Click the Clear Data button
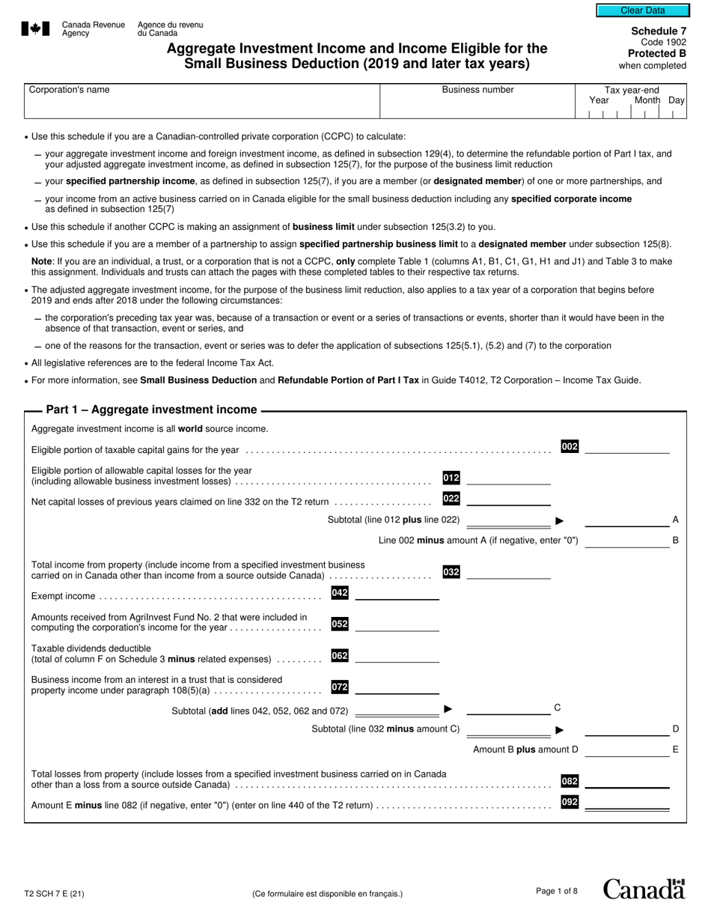point(642,10)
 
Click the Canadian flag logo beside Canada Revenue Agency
point(36,29)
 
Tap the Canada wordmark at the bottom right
point(644,889)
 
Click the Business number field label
point(477,90)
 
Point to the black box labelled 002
point(570,447)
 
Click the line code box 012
point(451,478)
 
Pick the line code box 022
point(451,499)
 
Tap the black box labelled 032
point(451,572)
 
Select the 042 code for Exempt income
point(340,593)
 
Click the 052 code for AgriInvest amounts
point(340,624)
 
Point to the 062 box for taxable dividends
point(340,655)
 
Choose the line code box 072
point(340,686)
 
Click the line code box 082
point(570,782)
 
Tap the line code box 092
point(570,803)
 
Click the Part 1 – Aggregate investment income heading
point(151,410)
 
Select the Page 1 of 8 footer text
point(557,891)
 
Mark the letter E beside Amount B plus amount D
point(676,749)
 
